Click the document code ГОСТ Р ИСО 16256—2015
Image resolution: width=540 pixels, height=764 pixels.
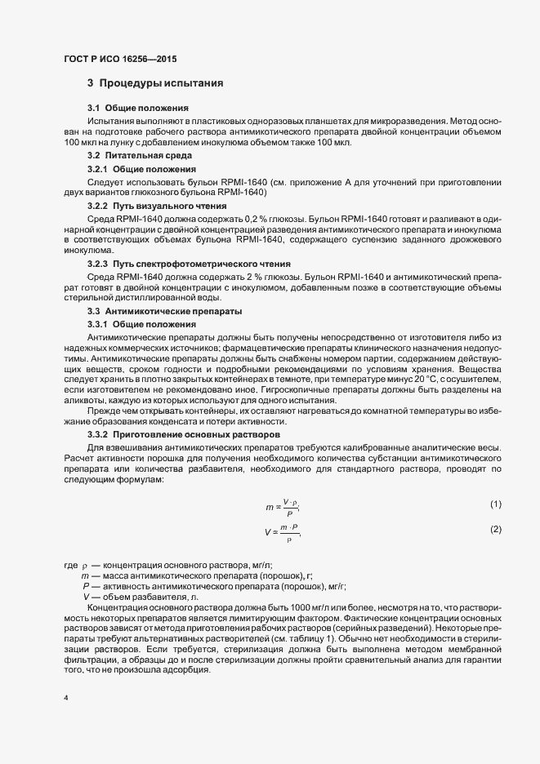point(119,60)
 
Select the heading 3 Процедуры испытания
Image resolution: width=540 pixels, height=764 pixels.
point(155,84)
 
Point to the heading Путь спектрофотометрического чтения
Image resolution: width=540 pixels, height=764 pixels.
point(200,264)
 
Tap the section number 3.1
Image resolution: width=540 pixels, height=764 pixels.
point(94,108)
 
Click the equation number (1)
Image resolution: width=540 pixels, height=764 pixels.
point(496,504)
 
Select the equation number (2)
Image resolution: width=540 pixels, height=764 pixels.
point(496,530)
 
